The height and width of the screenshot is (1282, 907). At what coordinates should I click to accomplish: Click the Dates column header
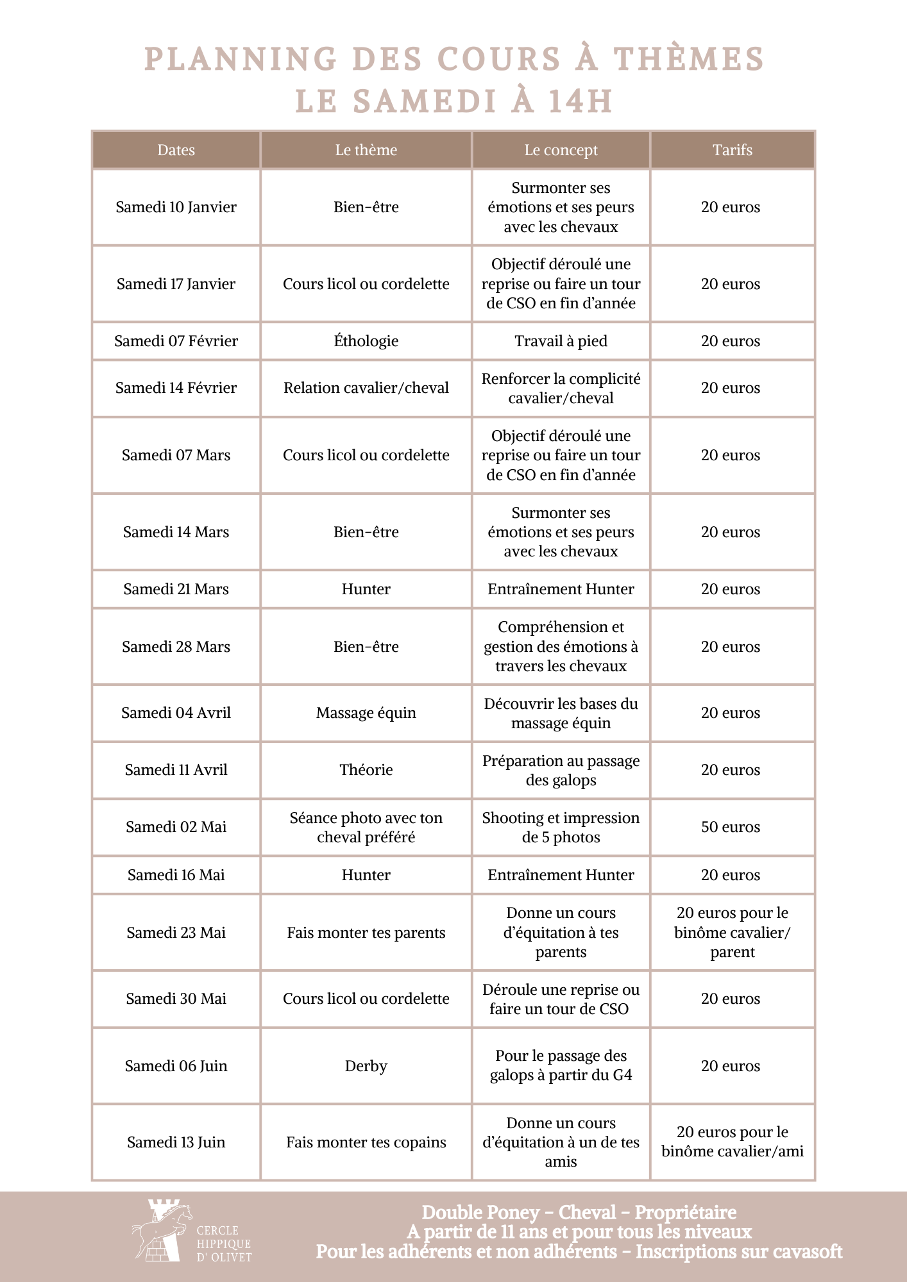pyautogui.click(x=176, y=150)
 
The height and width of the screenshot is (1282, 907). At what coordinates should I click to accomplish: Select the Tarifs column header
pyautogui.click(x=732, y=150)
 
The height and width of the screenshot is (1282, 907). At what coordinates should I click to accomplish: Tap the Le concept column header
pyautogui.click(x=561, y=150)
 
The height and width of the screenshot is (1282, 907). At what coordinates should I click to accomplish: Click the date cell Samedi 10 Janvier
pyautogui.click(x=176, y=207)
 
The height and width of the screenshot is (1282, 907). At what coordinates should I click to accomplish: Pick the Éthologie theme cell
pyautogui.click(x=366, y=341)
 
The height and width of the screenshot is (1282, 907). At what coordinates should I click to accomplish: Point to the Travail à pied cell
pyautogui.click(x=561, y=341)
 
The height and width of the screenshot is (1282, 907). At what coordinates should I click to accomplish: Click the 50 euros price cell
pyautogui.click(x=731, y=827)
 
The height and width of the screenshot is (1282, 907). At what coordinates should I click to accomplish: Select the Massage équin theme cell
pyautogui.click(x=366, y=713)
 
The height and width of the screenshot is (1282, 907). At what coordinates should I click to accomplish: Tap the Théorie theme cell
pyautogui.click(x=366, y=770)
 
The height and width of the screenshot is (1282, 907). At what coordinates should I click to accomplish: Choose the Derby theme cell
pyautogui.click(x=366, y=1066)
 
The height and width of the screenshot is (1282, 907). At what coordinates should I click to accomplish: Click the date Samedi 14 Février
pyautogui.click(x=176, y=388)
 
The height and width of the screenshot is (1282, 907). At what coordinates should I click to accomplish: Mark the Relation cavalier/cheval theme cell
pyautogui.click(x=366, y=388)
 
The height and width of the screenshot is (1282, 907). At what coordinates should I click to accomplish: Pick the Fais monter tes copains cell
pyautogui.click(x=366, y=1142)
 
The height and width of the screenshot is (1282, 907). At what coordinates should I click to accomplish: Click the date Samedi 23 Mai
pyautogui.click(x=176, y=933)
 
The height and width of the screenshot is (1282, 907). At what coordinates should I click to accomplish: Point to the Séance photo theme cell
pyautogui.click(x=366, y=827)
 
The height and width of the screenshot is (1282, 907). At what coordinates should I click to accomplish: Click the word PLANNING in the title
pyautogui.click(x=241, y=59)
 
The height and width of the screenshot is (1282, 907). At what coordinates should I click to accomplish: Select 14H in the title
pyautogui.click(x=580, y=101)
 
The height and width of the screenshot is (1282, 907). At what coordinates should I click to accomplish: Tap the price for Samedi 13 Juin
pyautogui.click(x=732, y=1142)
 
